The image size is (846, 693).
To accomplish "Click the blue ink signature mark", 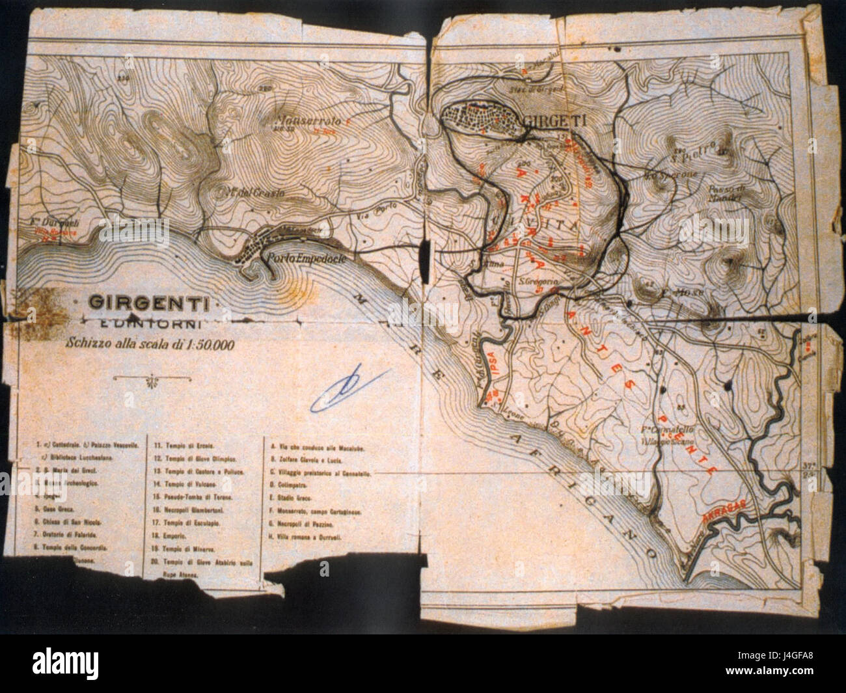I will (349, 390).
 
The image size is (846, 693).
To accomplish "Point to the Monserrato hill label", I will (308, 120).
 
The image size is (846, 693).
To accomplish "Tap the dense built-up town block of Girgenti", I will (482, 118).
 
